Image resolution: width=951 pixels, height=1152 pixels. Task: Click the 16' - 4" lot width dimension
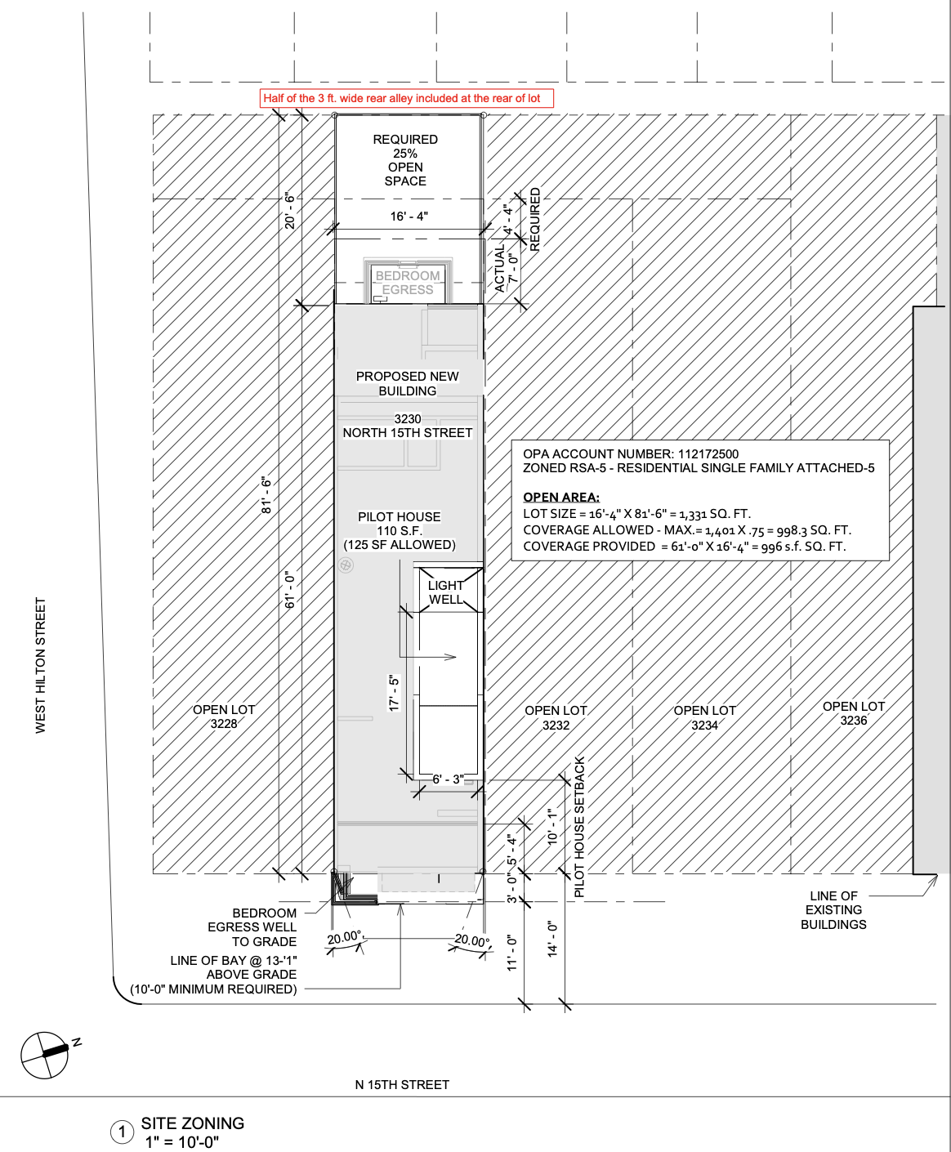pos(409,217)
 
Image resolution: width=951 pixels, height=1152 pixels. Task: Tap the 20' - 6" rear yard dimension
pos(290,211)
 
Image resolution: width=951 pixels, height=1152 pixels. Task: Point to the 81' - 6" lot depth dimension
pos(266,495)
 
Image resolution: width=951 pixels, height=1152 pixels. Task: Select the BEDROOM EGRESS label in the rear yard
pos(408,283)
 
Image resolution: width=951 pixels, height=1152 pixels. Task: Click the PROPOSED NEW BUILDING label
pos(407,383)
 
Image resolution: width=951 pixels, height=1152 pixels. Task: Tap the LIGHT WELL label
pos(445,592)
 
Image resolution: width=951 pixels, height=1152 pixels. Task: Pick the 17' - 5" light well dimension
pos(394,693)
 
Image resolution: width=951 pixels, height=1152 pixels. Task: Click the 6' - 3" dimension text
pos(448,779)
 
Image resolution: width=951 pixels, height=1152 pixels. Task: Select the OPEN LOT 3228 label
pos(224,717)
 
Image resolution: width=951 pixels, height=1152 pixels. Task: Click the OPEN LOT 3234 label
pos(704,717)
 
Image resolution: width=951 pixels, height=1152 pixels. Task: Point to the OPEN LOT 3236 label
pos(854,713)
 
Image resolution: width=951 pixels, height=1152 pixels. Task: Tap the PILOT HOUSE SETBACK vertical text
pos(579,827)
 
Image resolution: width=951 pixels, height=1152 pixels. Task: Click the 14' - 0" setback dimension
pos(552,939)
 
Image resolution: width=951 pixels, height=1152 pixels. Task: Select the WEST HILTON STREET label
pos(40,665)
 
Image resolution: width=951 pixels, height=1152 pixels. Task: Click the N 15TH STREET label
pos(402,1085)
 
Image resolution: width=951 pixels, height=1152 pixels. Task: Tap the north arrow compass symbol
pos(46,1055)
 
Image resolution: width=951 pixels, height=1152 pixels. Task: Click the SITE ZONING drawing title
pos(192,1123)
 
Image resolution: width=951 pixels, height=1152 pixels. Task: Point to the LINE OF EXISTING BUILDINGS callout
pos(833,910)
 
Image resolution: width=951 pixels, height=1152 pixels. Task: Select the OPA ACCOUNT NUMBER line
pos(631,454)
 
